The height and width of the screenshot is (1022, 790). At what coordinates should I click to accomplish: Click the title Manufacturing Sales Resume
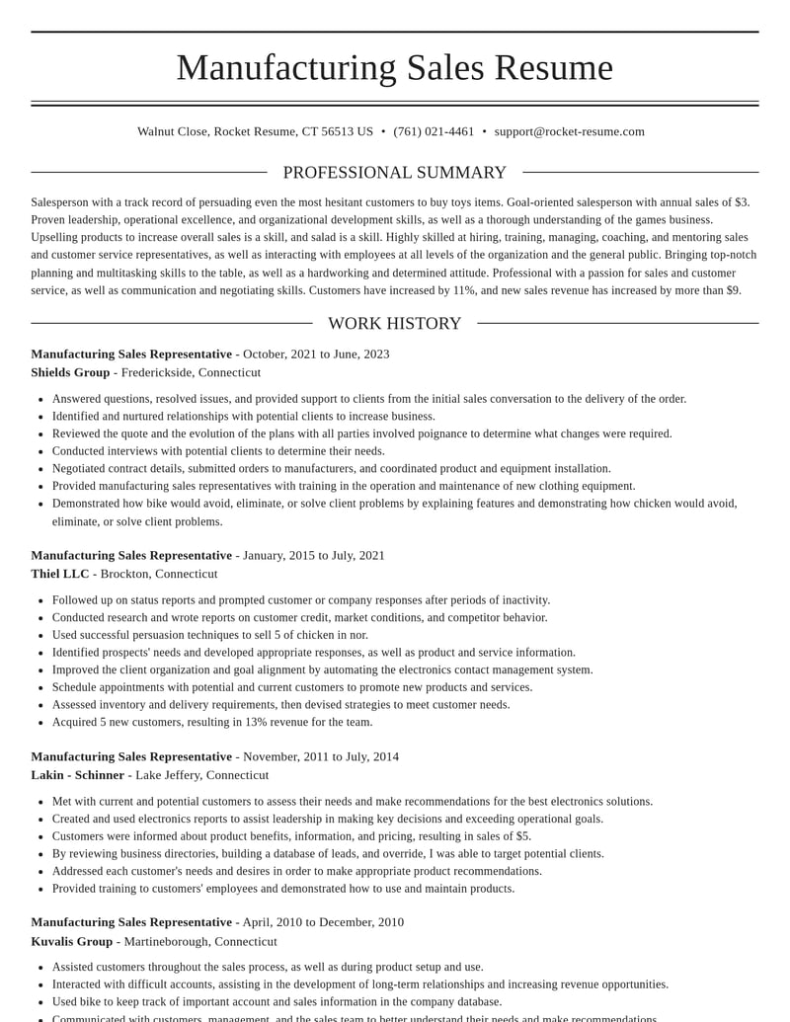click(x=394, y=67)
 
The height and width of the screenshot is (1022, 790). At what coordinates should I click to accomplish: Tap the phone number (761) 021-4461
click(x=434, y=131)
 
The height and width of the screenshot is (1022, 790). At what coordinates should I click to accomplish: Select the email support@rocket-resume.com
click(x=569, y=131)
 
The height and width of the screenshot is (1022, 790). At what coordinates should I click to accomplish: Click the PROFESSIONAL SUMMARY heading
click(x=394, y=173)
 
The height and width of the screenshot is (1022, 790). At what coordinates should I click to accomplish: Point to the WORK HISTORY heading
click(x=394, y=324)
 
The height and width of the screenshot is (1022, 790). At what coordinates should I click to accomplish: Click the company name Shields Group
click(x=70, y=372)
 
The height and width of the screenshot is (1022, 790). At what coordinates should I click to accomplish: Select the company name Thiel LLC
click(x=59, y=574)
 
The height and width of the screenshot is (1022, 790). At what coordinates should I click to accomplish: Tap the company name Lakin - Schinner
click(x=77, y=775)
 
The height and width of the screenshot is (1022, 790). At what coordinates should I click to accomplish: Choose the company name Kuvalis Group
click(x=71, y=941)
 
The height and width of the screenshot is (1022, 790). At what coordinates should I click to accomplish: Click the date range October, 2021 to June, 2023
click(x=316, y=354)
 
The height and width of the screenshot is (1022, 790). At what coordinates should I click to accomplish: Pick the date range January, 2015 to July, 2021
click(x=314, y=555)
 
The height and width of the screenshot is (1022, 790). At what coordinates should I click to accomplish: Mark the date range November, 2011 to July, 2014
click(x=321, y=756)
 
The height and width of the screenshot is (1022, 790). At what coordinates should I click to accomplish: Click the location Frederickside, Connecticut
click(x=191, y=372)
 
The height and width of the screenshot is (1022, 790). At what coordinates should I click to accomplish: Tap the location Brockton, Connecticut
click(x=159, y=574)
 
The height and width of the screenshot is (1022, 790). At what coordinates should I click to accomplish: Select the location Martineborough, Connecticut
click(x=200, y=941)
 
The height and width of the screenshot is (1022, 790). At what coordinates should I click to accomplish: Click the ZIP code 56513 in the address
click(x=338, y=131)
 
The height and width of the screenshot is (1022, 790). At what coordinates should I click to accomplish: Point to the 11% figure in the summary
click(x=463, y=290)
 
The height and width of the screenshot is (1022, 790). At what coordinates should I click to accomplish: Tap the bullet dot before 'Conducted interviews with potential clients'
click(x=40, y=451)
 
